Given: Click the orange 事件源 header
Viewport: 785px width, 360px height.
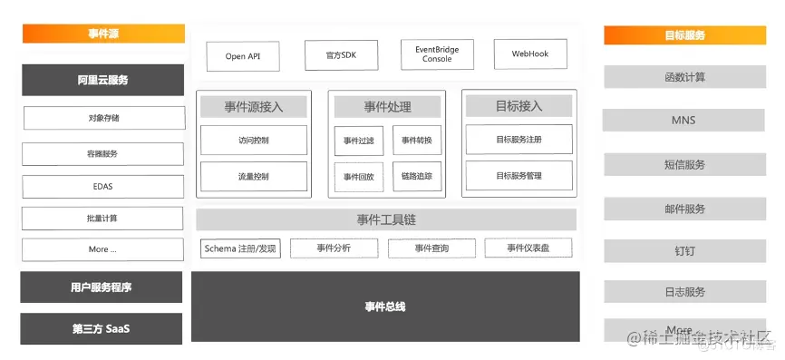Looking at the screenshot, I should click(102, 34).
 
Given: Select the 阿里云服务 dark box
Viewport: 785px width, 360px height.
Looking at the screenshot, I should click(102, 80).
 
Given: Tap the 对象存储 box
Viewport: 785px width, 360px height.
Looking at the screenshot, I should click(102, 118).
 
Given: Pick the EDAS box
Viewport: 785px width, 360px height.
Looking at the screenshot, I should click(102, 187).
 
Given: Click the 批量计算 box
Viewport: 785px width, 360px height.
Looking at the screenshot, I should click(102, 219).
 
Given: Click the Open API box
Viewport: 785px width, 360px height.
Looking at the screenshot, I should click(242, 55).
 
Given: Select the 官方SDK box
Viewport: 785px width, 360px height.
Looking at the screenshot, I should click(340, 55).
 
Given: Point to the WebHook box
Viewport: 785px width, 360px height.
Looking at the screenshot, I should click(530, 54).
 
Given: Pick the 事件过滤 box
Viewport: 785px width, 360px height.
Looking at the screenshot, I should click(358, 141).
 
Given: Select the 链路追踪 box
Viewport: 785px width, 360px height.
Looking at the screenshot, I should click(417, 177).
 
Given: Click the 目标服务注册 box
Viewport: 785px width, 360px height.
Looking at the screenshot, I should click(518, 141).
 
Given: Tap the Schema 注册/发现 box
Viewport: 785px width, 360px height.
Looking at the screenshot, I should click(240, 248).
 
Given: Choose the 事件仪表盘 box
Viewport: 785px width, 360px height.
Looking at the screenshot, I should click(528, 248).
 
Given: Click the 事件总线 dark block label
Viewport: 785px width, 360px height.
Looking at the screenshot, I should click(385, 306).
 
